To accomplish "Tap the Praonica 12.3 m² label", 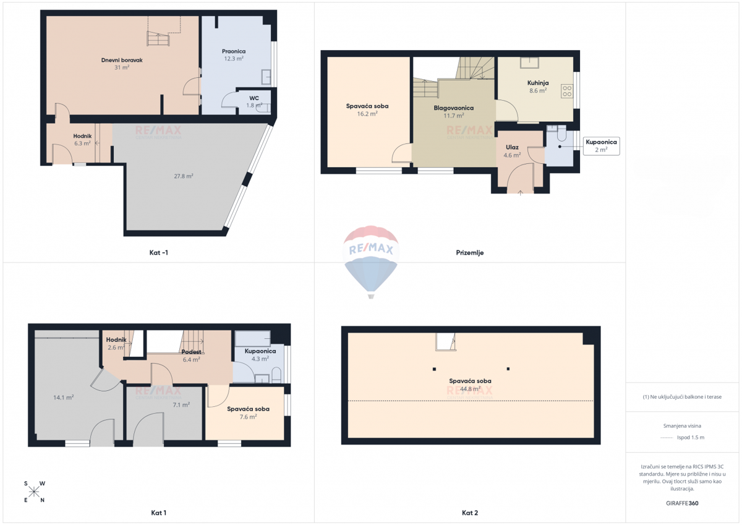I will tap(234, 55).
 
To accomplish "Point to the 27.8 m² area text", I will tap(184, 176).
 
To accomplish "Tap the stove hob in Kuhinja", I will tap(566, 91).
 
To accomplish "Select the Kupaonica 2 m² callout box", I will tap(601, 146).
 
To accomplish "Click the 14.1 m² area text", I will tap(64, 398).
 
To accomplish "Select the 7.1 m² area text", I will tap(181, 405).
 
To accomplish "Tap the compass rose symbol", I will tap(34, 492).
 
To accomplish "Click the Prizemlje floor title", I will tap(469, 253).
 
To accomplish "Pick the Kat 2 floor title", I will tap(469, 513).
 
